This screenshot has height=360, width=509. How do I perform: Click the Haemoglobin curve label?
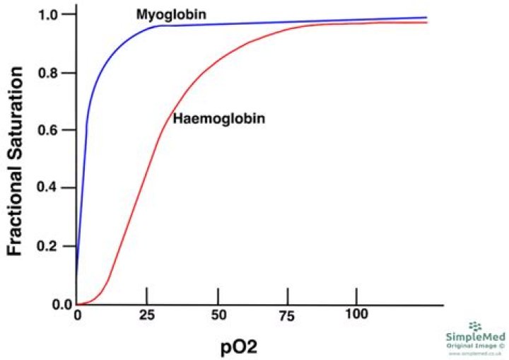(x=218, y=119)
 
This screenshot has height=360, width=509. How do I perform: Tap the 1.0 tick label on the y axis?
(x=55, y=14)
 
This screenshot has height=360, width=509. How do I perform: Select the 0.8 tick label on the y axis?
(x=55, y=73)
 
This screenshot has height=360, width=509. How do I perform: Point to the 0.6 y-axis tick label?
(x=55, y=131)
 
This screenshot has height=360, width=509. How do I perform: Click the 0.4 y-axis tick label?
(x=55, y=189)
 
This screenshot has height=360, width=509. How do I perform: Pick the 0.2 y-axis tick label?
(x=55, y=247)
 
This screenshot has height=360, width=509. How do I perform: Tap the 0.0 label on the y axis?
(x=55, y=305)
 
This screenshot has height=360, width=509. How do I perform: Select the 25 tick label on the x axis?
(x=146, y=314)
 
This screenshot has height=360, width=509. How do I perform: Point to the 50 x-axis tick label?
(x=218, y=314)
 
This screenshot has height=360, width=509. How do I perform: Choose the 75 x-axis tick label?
(x=288, y=314)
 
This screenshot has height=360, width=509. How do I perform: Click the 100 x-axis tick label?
(x=356, y=314)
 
